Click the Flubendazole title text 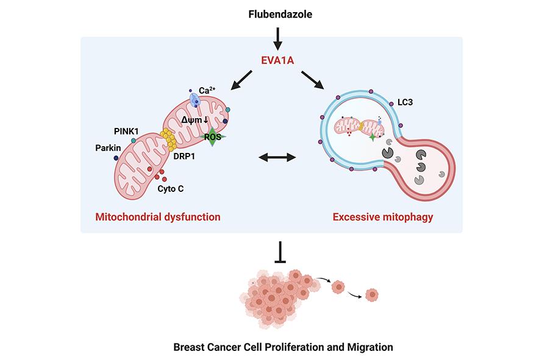277,13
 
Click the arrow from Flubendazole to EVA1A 277,37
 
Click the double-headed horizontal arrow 277,158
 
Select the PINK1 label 127,130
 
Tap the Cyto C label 171,189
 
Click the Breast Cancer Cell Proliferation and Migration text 283,347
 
